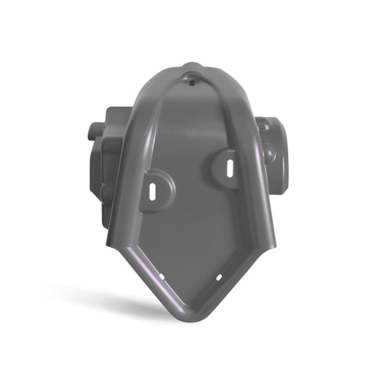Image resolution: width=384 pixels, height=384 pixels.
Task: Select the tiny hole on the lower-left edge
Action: click(162, 276)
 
